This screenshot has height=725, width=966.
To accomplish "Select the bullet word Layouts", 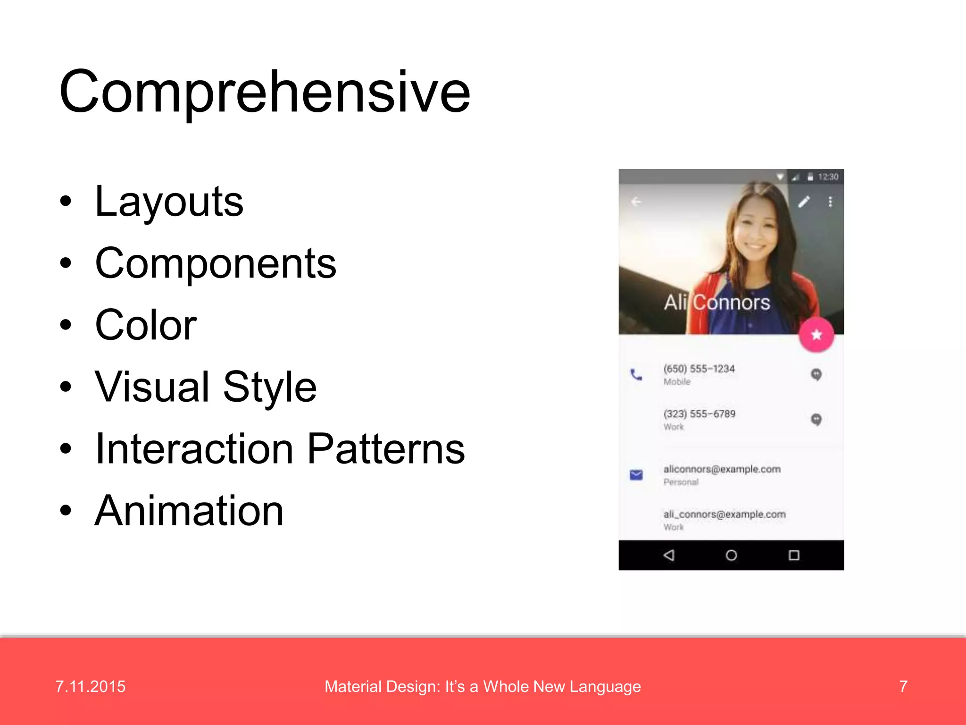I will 169,202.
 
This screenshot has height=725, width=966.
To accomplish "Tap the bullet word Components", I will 216,263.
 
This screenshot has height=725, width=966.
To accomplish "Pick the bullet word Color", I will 146,325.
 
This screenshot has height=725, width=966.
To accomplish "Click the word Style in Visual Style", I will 270,387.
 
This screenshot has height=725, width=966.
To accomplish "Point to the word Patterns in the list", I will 386,449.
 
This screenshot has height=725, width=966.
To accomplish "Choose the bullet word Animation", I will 189,511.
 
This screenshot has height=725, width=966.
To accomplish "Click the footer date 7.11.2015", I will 91,686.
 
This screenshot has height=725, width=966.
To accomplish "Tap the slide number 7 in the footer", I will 903,686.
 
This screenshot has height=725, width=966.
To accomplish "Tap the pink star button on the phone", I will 816,335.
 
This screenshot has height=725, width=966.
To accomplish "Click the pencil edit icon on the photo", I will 804,202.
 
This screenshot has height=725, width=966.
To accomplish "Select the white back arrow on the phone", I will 636,202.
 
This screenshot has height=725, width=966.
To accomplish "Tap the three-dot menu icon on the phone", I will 830,202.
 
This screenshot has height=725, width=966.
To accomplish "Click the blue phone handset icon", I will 636,375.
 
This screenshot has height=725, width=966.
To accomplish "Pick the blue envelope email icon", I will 636,474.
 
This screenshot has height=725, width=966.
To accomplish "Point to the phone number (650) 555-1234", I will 699,369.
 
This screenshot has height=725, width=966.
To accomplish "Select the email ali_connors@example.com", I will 724,514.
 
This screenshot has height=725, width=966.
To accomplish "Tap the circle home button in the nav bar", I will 731,555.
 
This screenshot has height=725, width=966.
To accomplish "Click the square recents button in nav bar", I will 794,555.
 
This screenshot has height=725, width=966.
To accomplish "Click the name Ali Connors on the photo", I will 717,303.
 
